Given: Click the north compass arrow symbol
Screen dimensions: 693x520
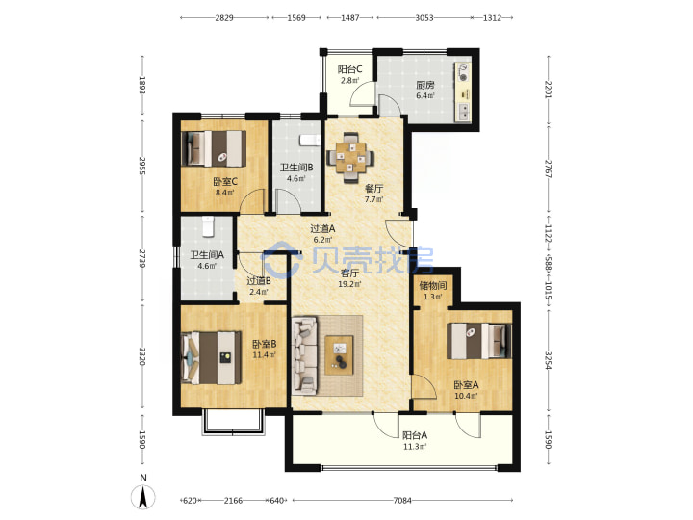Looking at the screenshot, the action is tap(142, 497).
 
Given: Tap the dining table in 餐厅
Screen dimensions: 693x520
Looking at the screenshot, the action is tap(350, 158).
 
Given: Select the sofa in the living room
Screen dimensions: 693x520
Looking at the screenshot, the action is tap(304, 354).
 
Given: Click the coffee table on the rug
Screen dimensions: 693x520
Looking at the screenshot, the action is tap(339, 355).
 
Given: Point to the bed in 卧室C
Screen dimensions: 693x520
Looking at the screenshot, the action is tap(214, 148).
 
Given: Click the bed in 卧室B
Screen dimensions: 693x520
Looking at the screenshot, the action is tap(211, 357).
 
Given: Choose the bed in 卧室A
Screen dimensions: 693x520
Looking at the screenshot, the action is tap(479, 341).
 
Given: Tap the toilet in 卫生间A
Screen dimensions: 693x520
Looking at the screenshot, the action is tap(208, 226).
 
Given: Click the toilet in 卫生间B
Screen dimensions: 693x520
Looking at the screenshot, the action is tap(309, 141).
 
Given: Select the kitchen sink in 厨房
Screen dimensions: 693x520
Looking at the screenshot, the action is tap(463, 112).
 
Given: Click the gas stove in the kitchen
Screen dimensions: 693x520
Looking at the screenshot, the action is tap(463, 72).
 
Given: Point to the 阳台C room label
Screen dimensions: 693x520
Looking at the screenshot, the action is tap(349, 69).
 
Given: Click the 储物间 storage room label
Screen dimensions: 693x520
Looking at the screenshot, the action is tap(432, 286).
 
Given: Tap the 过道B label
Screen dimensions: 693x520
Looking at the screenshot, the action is tap(259, 281).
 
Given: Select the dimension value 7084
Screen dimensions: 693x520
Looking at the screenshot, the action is tap(402, 501).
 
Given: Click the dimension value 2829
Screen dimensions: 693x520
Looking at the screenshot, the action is tap(224, 18).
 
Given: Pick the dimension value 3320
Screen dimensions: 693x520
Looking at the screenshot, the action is tap(142, 356).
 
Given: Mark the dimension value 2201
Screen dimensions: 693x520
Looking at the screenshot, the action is tap(549, 90).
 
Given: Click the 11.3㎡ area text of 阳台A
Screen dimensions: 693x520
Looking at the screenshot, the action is tap(415, 447).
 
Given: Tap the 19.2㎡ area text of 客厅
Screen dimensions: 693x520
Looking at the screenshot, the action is tap(349, 284).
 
